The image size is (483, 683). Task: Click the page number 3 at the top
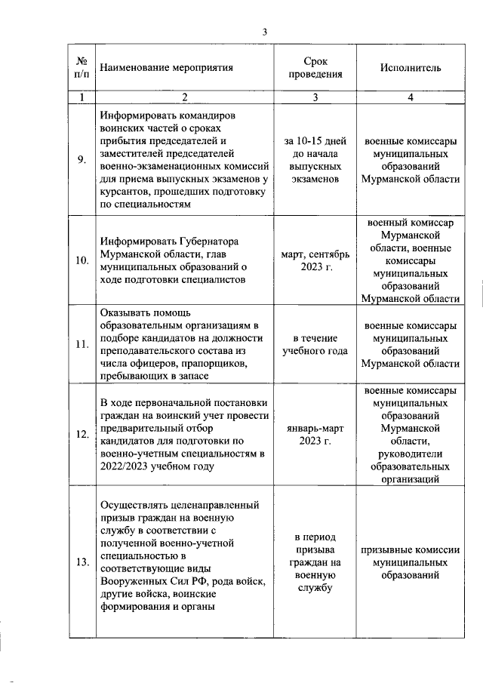click(264, 32)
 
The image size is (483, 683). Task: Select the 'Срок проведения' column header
click(315, 67)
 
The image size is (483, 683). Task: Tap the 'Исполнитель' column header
click(411, 67)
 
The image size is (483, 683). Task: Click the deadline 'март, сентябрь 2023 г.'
click(315, 260)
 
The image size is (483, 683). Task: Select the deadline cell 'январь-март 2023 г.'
click(315, 435)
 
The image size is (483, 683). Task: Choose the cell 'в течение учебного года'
click(315, 344)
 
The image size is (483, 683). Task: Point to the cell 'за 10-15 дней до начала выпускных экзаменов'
click(315, 159)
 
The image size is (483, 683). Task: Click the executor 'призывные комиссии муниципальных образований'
click(411, 561)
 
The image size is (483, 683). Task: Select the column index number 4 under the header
click(411, 97)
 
